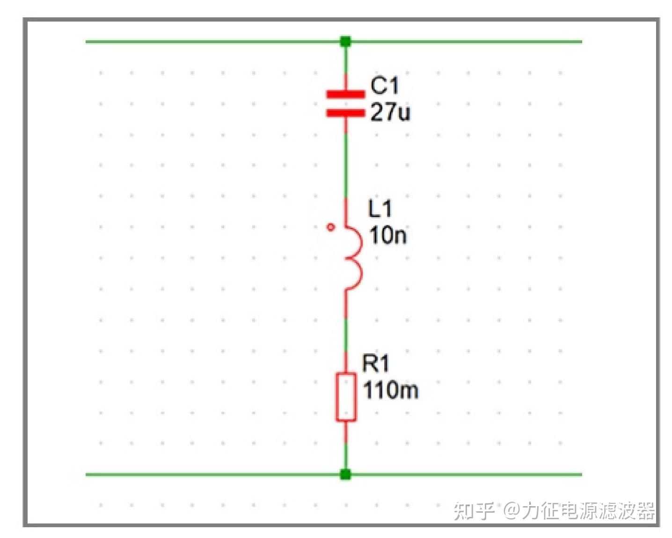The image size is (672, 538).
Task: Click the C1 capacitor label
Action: coord(385,86)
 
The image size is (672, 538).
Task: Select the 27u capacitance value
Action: coord(390,112)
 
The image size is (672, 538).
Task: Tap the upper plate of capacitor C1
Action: coord(345,95)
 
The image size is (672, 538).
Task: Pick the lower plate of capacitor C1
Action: coord(345,113)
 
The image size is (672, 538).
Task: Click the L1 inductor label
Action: coord(380,209)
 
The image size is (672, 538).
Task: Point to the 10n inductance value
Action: coord(388,235)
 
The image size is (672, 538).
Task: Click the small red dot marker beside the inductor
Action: coord(331,227)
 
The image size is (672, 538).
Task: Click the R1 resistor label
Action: coord(375,364)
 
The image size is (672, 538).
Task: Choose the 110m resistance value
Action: coord(391,390)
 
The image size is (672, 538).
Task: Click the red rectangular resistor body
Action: coord(346,397)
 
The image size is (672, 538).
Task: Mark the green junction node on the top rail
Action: coord(345,42)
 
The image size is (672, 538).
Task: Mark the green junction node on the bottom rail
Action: coord(345,474)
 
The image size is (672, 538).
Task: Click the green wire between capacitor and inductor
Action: coord(346,164)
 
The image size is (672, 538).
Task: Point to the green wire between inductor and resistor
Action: coord(346,335)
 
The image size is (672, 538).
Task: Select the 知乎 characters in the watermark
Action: coord(474,510)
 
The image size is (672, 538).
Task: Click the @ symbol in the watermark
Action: coord(512,510)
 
